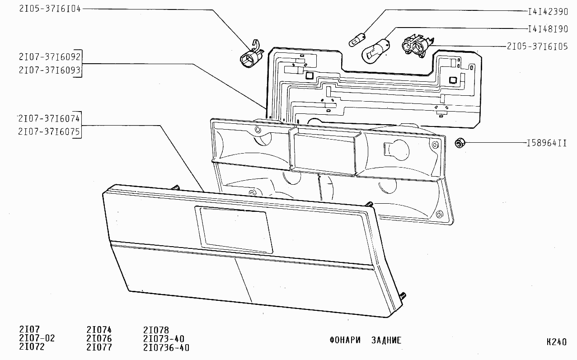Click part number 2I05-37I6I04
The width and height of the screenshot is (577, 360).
(50, 9)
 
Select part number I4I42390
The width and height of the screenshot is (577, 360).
(548, 12)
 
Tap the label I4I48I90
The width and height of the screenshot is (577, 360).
(548, 29)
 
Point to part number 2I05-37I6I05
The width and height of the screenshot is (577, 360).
(537, 47)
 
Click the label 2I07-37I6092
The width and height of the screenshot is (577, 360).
(50, 56)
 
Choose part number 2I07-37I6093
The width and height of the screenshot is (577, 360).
(50, 70)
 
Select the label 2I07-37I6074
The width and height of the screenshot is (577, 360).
(49, 118)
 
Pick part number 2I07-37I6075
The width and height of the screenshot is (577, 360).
(49, 131)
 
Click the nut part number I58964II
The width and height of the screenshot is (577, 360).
(547, 143)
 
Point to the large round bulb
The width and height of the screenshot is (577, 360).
(375, 51)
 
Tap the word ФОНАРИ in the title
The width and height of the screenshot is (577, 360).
(345, 341)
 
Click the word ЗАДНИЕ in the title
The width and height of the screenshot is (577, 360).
(386, 341)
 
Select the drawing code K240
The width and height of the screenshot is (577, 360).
(556, 342)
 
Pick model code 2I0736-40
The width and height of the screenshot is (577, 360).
(166, 348)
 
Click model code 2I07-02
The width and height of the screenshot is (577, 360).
(37, 338)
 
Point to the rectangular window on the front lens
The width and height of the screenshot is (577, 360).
(234, 230)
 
